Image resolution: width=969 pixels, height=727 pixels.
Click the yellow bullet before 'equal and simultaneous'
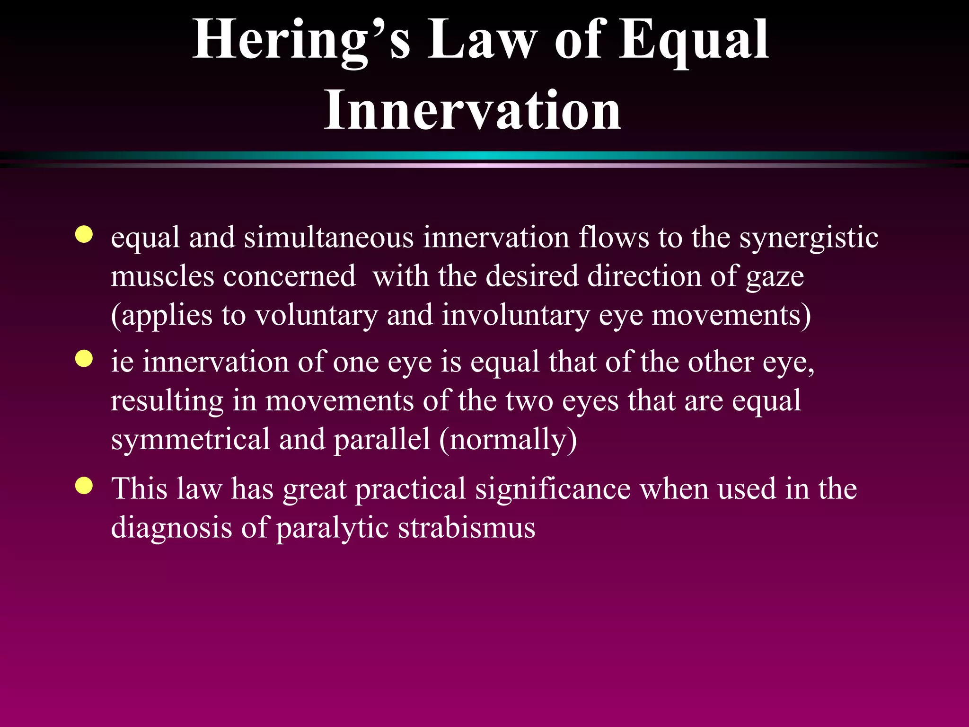pyautogui.click(x=84, y=234)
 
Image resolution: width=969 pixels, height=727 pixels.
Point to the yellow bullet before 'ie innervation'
pyautogui.click(x=84, y=359)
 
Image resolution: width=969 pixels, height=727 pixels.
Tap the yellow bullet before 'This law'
pyautogui.click(x=84, y=486)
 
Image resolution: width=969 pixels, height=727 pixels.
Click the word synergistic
pyautogui.click(x=809, y=238)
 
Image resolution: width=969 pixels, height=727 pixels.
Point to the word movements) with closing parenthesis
pyautogui.click(x=731, y=316)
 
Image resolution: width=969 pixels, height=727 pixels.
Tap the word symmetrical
pyautogui.click(x=190, y=440)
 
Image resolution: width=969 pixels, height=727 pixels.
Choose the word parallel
pyautogui.click(x=382, y=440)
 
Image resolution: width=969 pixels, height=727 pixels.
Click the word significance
pyautogui.click(x=553, y=489)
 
